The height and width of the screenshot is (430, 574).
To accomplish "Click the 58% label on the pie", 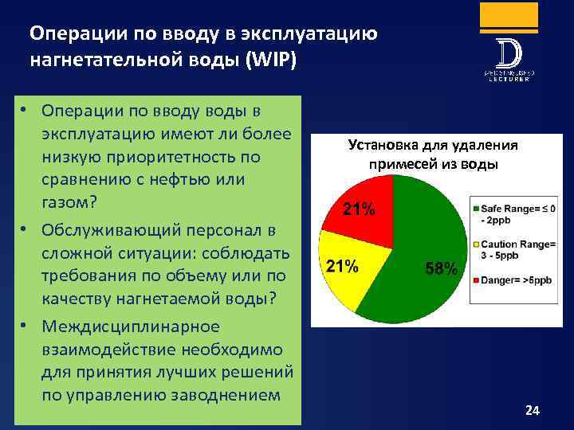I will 440,269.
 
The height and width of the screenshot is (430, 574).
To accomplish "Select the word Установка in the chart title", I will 383,145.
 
